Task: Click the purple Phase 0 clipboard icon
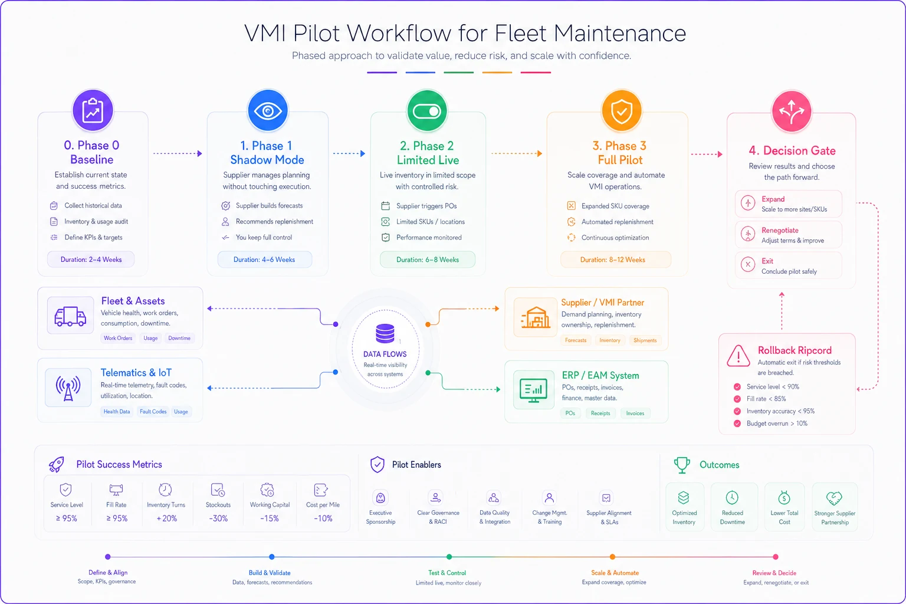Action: (x=93, y=110)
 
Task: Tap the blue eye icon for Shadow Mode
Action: (x=267, y=110)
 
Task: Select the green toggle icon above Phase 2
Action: (x=426, y=111)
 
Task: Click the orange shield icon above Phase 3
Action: (x=621, y=111)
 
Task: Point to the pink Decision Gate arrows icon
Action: (x=791, y=111)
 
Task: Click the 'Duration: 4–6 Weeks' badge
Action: (x=264, y=260)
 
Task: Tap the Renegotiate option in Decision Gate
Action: (x=788, y=235)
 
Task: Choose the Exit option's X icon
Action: (x=748, y=265)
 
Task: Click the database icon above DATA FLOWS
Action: (x=385, y=333)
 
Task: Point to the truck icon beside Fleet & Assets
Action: (x=70, y=316)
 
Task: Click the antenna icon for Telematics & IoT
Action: (x=68, y=388)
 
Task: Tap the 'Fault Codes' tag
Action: (x=153, y=412)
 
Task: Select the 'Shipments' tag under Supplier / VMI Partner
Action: (x=645, y=340)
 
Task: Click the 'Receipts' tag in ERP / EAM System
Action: (x=600, y=413)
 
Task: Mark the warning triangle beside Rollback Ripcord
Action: (x=738, y=356)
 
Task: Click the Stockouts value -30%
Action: (x=218, y=518)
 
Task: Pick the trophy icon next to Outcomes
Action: (x=682, y=465)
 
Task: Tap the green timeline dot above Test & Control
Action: (x=449, y=557)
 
